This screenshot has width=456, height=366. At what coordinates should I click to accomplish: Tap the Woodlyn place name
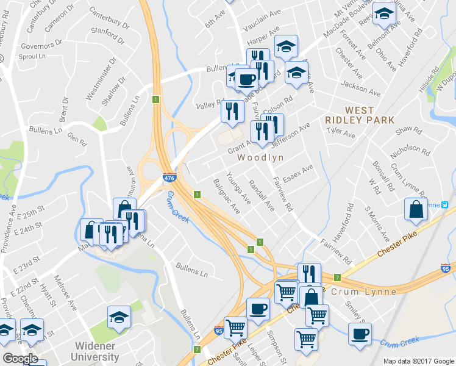click(x=261, y=157)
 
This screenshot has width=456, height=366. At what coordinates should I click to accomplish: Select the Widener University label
click(x=97, y=351)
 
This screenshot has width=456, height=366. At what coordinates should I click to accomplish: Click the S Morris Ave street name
click(x=376, y=223)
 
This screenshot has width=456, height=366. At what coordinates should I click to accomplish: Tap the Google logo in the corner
click(x=20, y=359)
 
